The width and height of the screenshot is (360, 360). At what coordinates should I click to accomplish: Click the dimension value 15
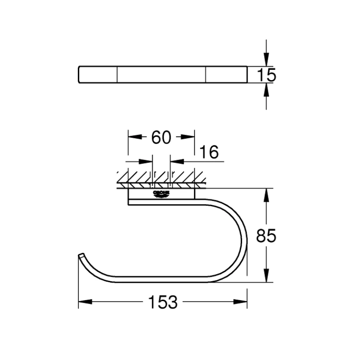click(267, 75)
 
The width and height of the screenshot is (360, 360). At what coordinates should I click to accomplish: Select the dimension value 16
click(208, 153)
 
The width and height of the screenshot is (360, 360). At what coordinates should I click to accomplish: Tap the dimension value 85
click(265, 235)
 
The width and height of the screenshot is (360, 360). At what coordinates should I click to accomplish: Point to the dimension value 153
click(162, 302)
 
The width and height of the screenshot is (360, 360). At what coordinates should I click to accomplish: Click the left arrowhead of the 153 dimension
click(85, 302)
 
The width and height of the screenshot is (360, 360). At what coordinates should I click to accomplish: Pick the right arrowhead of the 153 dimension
click(241, 302)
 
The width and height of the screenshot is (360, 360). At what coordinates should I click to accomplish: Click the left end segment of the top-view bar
click(98, 74)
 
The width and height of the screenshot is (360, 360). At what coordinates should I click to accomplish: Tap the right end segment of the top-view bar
click(226, 74)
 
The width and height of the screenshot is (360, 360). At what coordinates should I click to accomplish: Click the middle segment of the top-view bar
click(162, 74)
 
